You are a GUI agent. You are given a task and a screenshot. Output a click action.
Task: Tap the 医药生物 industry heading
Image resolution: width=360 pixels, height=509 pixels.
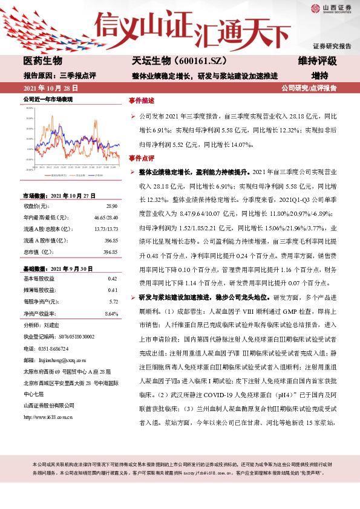click(43, 61)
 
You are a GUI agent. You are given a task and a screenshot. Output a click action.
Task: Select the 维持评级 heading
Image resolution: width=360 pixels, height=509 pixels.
click(317, 61)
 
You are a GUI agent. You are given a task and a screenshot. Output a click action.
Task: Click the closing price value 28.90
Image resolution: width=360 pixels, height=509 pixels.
click(111, 207)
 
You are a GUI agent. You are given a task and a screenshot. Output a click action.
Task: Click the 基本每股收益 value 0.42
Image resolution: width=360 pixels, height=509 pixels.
click(111, 278)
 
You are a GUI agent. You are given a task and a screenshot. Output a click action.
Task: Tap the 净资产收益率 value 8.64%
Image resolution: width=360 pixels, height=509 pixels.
click(111, 314)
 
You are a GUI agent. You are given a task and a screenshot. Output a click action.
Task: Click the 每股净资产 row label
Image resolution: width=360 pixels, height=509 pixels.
click(42, 301)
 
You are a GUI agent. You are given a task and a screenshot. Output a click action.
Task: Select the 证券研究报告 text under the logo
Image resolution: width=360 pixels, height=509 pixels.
click(332, 46)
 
